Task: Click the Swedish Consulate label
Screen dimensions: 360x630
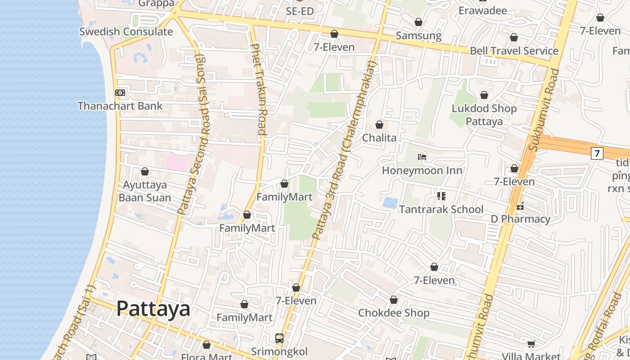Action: click(x=126, y=31)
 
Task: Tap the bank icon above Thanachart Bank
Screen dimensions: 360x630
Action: click(x=120, y=93)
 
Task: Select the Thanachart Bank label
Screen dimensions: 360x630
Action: click(x=120, y=106)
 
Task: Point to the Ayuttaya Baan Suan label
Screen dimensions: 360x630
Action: click(x=145, y=191)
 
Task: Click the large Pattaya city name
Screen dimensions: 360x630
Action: click(x=153, y=309)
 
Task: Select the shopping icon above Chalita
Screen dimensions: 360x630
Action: click(x=379, y=125)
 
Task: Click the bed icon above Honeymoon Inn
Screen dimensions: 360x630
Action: click(x=422, y=157)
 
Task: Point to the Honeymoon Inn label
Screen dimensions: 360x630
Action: click(x=422, y=171)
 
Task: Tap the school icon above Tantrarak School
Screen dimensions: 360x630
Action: click(x=441, y=196)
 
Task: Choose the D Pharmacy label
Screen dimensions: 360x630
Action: click(x=520, y=219)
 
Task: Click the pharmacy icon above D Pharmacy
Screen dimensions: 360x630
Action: click(x=520, y=206)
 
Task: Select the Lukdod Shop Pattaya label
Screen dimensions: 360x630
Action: click(x=484, y=115)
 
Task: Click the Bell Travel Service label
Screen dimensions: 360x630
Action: click(x=514, y=51)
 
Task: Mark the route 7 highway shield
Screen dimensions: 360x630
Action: click(x=597, y=153)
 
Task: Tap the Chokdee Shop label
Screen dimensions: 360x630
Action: click(x=394, y=313)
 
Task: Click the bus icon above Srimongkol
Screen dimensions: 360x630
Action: click(x=279, y=337)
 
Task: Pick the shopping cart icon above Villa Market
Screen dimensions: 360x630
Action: click(x=531, y=344)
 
